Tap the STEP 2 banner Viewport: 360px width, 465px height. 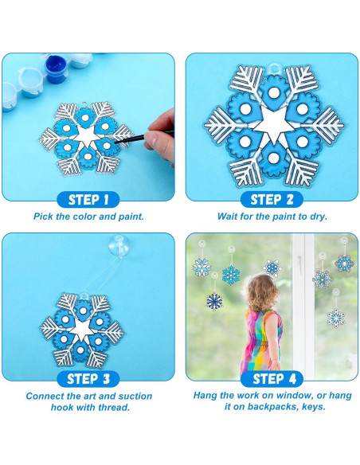[272, 199]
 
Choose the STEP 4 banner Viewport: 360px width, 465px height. [272, 379]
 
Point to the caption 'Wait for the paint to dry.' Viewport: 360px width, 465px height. [272, 216]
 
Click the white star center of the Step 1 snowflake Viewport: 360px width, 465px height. [88, 137]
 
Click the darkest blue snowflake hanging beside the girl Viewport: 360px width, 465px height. [214, 301]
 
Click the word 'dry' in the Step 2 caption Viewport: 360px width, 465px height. [319, 216]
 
